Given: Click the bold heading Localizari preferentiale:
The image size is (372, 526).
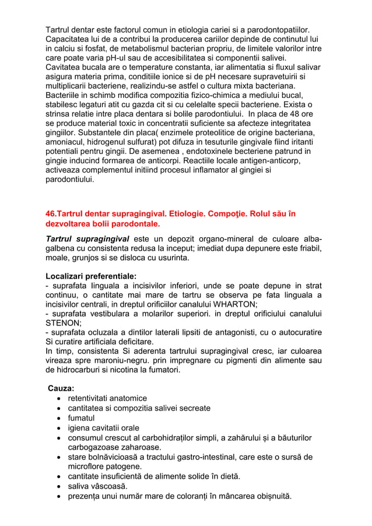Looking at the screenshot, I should (92, 275).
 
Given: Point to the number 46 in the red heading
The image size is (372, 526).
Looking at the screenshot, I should (51, 214).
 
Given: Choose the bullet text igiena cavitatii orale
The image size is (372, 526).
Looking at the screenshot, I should (104, 428).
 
